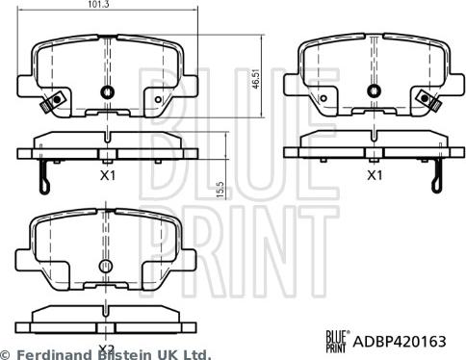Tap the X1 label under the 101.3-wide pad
click(x=107, y=177)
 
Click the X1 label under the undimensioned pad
click(x=374, y=177)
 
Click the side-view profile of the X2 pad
click(x=106, y=317)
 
